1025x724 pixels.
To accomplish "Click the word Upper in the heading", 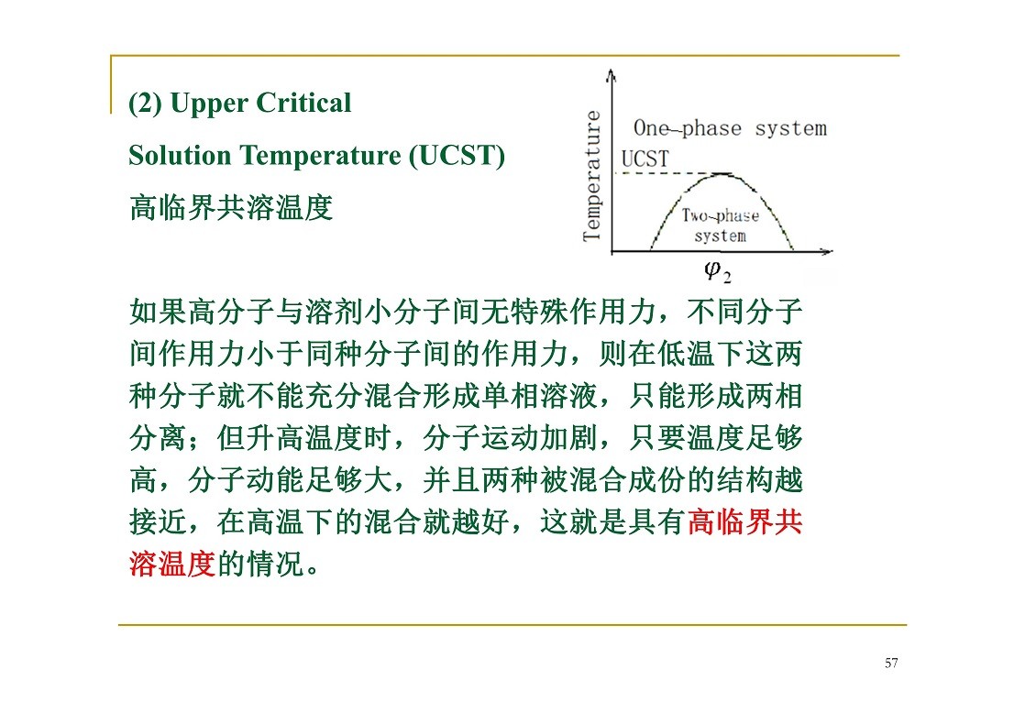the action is [209, 104].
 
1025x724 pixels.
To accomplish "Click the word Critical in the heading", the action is [304, 103].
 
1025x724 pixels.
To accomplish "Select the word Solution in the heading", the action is [180, 156].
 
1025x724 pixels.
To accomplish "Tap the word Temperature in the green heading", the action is [320, 157].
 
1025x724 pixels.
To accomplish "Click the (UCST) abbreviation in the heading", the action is [457, 156].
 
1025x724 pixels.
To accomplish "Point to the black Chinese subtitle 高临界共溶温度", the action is [231, 208].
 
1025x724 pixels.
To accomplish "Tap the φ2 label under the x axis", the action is [718, 271].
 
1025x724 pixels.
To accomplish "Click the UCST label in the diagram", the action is [645, 159].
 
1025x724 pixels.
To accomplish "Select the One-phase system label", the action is [730, 128].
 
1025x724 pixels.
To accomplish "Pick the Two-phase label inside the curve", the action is [721, 215].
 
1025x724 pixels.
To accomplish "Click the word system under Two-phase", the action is [721, 236].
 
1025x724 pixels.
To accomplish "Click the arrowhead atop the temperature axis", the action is [612, 74].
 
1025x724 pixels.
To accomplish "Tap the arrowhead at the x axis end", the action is [827, 252].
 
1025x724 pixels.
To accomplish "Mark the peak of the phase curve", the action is [722, 174].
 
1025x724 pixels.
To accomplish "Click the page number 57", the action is [891, 664].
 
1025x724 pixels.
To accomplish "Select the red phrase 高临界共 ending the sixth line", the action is [745, 522].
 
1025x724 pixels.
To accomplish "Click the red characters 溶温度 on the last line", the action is [172, 564].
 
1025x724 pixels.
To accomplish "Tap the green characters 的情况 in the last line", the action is [260, 564].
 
